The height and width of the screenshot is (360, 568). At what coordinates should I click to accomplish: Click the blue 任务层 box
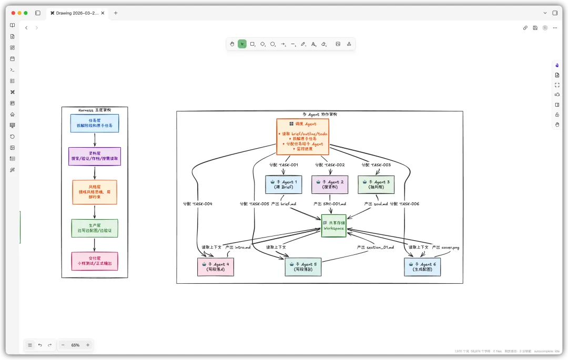pos(95,124)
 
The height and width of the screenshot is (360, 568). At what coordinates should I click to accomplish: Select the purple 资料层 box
pos(95,156)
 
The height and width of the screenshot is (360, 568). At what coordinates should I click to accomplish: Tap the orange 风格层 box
pos(95,192)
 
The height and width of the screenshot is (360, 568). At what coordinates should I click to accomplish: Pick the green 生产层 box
pos(95,228)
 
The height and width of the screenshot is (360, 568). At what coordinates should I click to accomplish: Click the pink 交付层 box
pos(95,261)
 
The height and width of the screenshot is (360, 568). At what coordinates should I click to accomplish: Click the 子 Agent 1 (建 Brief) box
pos(283,184)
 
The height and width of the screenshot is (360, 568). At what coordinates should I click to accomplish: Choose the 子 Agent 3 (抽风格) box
pos(376,184)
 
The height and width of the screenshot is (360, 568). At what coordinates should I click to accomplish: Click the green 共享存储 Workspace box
pos(334,226)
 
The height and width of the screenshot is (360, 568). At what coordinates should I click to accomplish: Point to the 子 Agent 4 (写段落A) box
pos(216,267)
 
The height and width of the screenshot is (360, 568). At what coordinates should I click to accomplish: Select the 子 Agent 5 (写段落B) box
pos(303,267)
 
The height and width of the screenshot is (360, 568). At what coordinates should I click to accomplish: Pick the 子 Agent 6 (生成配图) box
pos(422,267)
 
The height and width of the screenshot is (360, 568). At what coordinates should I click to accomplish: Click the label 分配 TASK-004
pos(198,204)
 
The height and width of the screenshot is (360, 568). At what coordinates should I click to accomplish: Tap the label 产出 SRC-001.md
pos(330,204)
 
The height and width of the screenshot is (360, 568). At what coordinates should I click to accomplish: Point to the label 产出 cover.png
pos(445,247)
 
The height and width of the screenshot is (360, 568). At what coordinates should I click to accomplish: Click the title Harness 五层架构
pos(95,110)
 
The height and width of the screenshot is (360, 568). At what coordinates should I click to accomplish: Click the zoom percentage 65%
pos(75,345)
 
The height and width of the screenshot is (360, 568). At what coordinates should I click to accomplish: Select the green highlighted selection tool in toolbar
pos(242,44)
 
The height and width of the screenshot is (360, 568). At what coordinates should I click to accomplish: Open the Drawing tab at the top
pos(78,13)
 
